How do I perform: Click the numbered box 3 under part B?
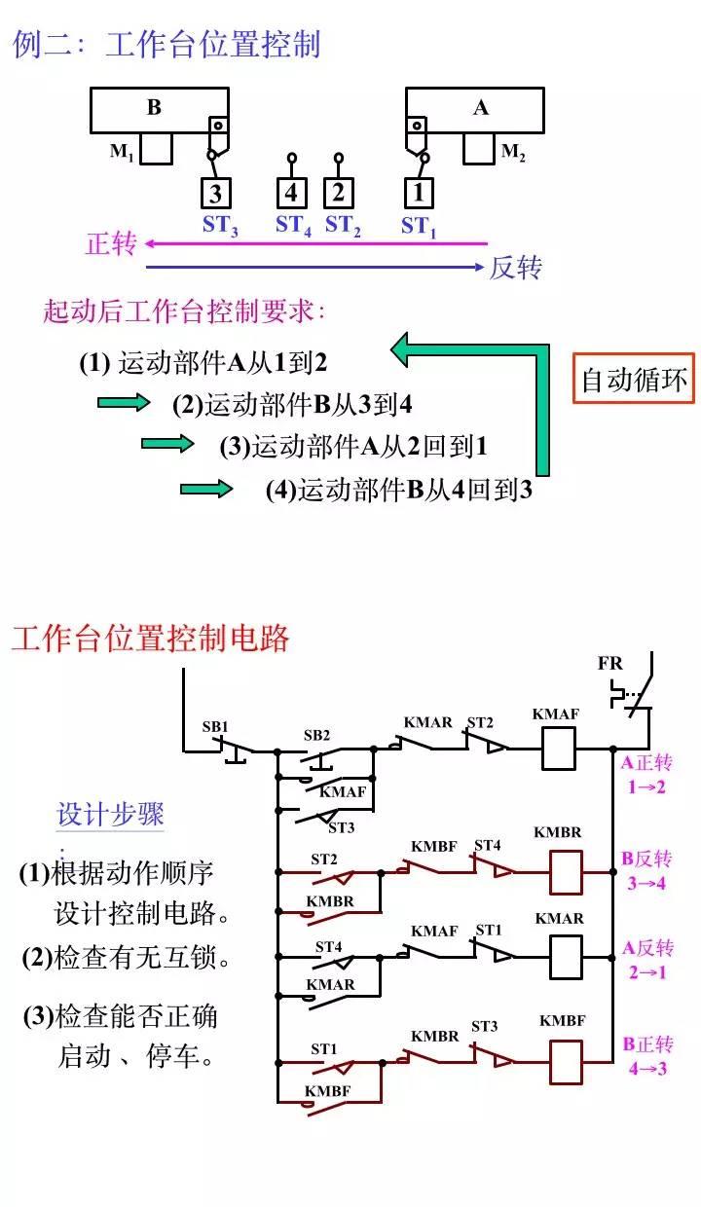pos(217,192)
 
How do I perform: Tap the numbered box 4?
pos(291,192)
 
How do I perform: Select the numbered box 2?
pos(339,192)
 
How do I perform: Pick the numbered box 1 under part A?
pos(419,192)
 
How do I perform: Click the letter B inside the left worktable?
pos(154,108)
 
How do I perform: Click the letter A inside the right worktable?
pos(480,108)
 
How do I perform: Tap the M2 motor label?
pos(513,152)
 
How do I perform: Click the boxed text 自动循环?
pos(634,379)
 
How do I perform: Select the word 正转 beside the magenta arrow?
pos(111,243)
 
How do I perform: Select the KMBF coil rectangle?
pos(565,1061)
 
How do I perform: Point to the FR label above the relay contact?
pos(609,664)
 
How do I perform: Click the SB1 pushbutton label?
pos(215,727)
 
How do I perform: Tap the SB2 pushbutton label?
pos(317,735)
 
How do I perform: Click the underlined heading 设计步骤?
pos(110,815)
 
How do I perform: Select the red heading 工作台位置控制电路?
pos(151,639)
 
